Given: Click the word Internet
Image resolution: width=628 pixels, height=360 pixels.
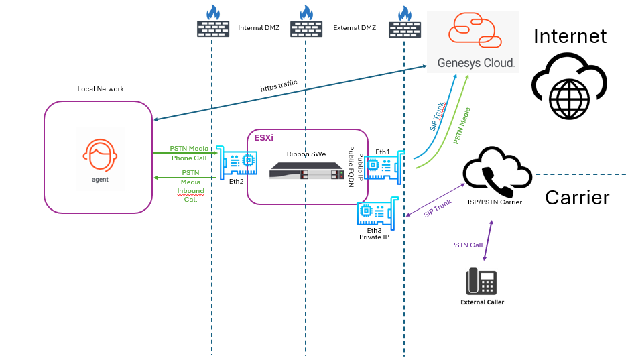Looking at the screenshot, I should click(570, 36).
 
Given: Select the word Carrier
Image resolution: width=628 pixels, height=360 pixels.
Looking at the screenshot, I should click(576, 197).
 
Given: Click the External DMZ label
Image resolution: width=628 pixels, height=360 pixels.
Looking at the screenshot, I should click(355, 28).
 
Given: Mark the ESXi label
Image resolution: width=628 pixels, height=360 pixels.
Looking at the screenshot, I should click(263, 138).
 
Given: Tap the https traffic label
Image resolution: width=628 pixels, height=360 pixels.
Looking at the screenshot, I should click(279, 86).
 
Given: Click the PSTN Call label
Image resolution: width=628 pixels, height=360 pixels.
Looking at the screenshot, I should click(466, 245).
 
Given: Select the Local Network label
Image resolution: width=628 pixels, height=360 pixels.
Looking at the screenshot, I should click(101, 89).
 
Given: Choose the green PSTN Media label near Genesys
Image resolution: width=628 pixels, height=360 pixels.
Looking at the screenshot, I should click(463, 126).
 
